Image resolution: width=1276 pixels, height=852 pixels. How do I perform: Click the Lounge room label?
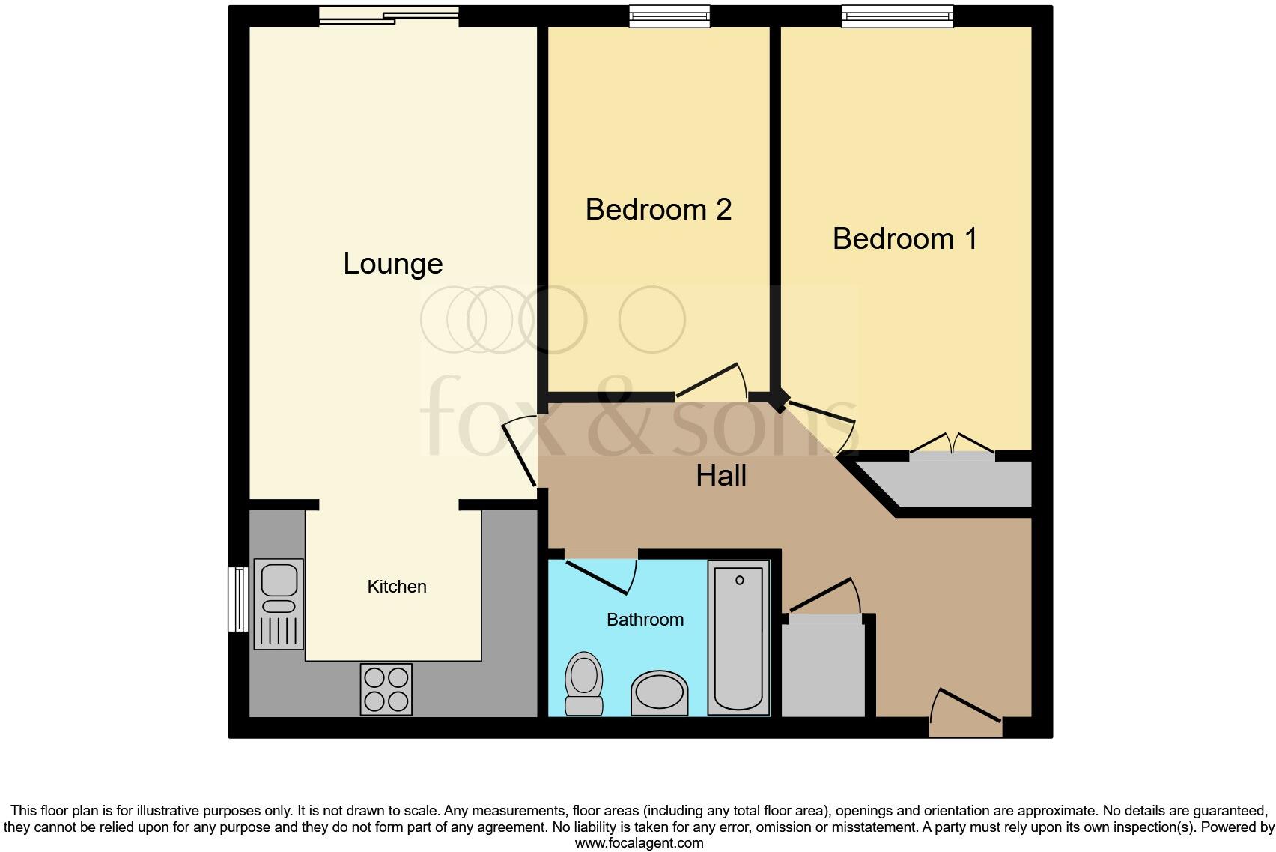click(x=392, y=264)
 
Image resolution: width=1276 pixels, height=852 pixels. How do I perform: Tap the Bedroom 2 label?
click(x=658, y=209)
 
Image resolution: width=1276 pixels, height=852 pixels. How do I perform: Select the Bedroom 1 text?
click(x=905, y=238)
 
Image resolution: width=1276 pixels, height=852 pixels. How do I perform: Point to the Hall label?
click(x=721, y=476)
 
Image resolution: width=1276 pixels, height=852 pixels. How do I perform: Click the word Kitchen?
click(x=397, y=587)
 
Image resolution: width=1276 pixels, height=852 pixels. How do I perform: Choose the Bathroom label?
click(x=645, y=620)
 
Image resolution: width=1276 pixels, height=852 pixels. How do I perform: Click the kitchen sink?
click(x=279, y=603)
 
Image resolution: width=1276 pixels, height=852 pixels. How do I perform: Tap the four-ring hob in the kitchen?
click(x=386, y=689)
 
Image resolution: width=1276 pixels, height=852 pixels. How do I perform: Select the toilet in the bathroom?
click(x=584, y=683)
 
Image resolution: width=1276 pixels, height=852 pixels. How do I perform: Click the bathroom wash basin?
click(x=659, y=693)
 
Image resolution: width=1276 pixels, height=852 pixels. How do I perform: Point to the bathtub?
click(x=738, y=637)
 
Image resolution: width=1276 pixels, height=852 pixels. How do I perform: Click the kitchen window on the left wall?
click(x=237, y=599)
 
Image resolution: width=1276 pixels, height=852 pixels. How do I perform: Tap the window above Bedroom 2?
click(x=669, y=16)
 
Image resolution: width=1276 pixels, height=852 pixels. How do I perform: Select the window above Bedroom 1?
click(x=897, y=16)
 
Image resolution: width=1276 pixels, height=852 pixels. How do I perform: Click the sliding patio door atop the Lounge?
click(x=389, y=15)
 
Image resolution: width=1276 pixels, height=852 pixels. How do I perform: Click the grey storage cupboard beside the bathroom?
click(x=823, y=667)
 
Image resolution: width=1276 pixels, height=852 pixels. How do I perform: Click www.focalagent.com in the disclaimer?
click(x=639, y=843)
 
